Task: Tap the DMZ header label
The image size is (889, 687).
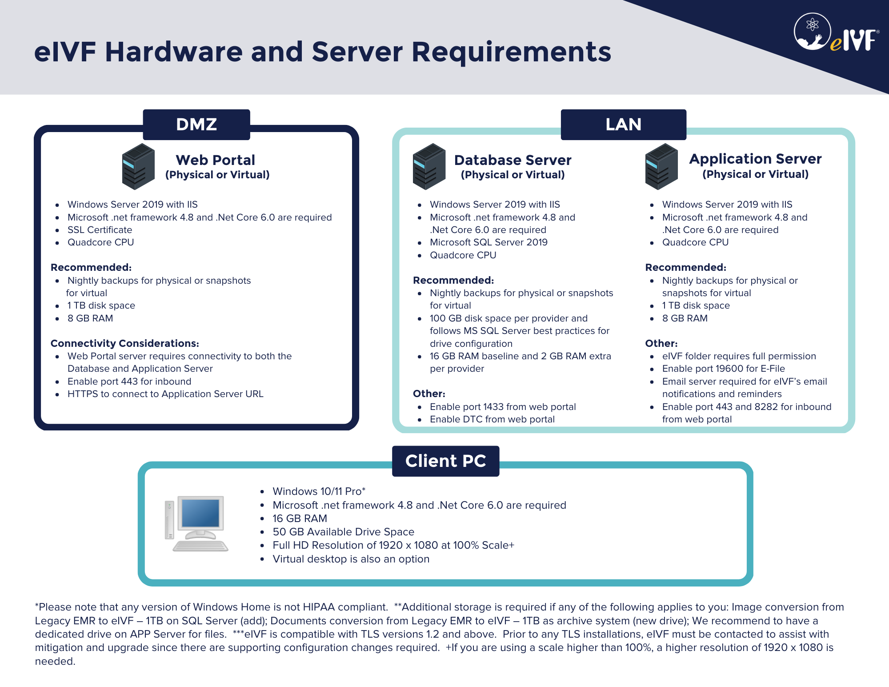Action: coord(196,125)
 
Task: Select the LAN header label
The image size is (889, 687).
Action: coord(623,125)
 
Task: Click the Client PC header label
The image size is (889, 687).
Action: coord(445,461)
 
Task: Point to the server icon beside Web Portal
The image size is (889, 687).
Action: coord(138,166)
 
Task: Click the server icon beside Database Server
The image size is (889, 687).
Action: coord(428,166)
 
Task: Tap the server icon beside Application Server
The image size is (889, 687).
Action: coord(661,166)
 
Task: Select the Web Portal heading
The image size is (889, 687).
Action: coord(216,160)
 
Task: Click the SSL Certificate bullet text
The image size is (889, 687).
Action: coord(100,230)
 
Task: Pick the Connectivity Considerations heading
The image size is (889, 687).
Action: coord(125,343)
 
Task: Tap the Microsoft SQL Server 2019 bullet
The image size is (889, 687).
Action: coord(489,242)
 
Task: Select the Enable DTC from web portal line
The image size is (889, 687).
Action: coord(492,419)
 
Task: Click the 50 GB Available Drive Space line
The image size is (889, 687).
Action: coord(343,532)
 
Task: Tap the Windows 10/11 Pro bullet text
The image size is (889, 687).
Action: coord(318,491)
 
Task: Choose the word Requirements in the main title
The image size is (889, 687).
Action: coord(511,52)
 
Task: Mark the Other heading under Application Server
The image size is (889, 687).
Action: coord(661,343)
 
